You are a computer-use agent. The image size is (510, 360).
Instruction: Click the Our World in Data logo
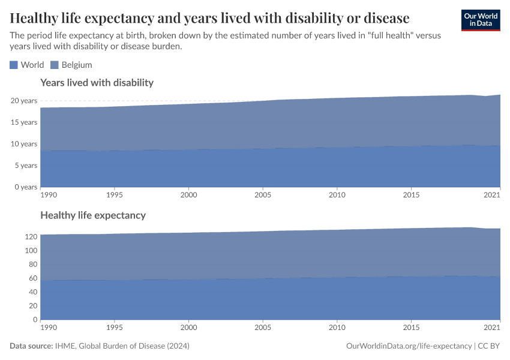pos(480,20)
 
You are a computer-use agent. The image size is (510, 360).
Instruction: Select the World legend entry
pos(27,65)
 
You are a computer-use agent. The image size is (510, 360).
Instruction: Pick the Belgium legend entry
pos(71,65)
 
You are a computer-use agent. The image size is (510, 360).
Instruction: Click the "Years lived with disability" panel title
pos(97,83)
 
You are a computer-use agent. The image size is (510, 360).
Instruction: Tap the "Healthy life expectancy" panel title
pos(92,215)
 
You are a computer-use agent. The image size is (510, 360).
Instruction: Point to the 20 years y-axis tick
pos(25,101)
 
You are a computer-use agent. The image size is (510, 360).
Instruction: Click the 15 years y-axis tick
pos(25,122)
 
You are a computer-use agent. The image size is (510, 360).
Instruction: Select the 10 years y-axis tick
pos(25,144)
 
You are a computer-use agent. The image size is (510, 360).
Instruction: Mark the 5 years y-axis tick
pos(26,166)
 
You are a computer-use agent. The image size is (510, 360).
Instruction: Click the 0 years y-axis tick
pos(26,187)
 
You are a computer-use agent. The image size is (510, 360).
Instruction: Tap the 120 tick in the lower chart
pos(30,236)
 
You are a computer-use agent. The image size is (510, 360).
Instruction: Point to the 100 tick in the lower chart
pos(30,250)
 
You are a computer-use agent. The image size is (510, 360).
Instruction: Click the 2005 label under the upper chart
pos(263,195)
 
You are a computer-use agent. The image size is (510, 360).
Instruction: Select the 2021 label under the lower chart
pos(492,328)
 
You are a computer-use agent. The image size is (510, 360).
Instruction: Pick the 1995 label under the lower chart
pos(115,328)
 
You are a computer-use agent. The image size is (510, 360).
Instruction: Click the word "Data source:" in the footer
pos(30,346)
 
